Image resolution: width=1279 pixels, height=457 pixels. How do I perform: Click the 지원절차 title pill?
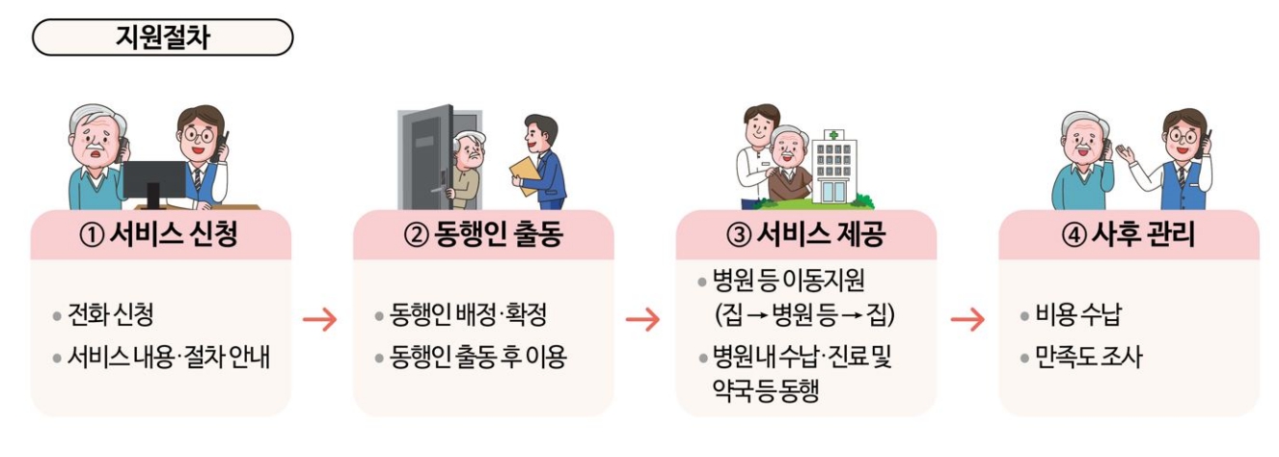tap(162, 37)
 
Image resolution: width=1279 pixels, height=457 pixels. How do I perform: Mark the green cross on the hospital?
tap(833, 135)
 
